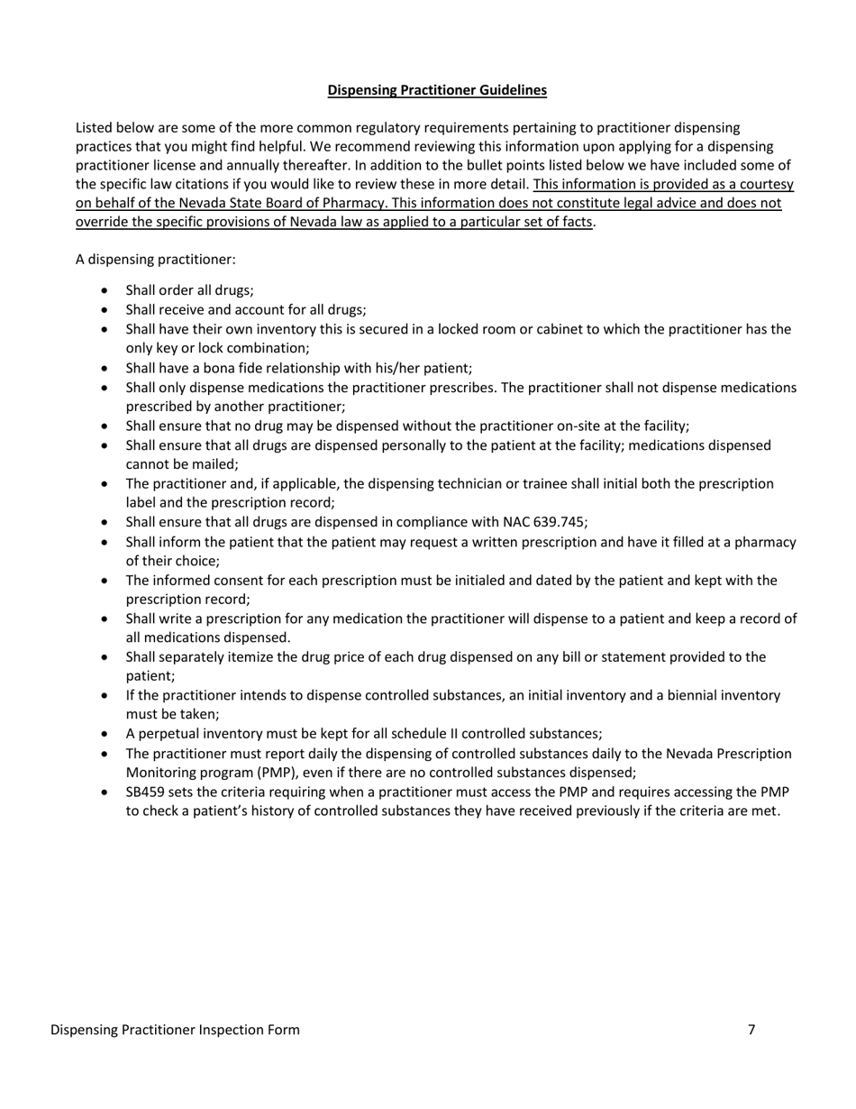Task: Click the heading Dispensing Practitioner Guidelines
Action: (436, 90)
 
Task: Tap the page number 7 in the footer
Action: (751, 1030)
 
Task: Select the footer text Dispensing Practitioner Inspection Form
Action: (175, 1030)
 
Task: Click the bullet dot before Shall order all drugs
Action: (108, 291)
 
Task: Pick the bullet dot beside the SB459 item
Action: (108, 793)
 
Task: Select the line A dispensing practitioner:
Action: (156, 260)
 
